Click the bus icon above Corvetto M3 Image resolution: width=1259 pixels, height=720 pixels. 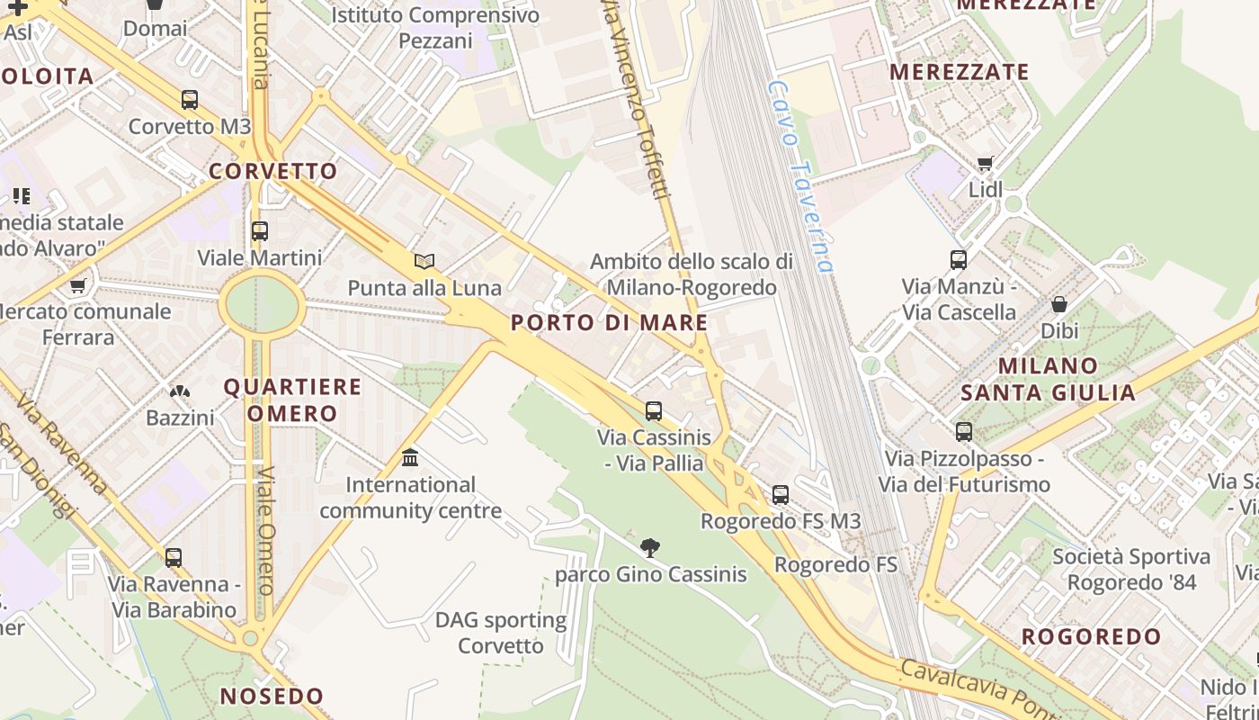click(189, 100)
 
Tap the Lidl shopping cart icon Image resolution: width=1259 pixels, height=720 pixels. click(986, 164)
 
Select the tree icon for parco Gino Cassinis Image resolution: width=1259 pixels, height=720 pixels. click(650, 547)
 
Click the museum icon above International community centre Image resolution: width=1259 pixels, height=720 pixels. click(410, 458)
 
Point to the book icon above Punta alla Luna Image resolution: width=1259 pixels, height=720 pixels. click(424, 262)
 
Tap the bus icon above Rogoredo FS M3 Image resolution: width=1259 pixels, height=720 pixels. click(781, 494)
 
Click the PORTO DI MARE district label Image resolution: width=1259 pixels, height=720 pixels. click(610, 323)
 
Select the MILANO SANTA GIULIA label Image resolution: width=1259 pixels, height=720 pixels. click(1048, 379)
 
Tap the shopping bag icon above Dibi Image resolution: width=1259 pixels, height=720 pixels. click(1059, 304)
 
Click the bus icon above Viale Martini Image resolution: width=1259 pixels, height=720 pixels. click(260, 231)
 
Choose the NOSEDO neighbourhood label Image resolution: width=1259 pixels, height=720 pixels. click(272, 696)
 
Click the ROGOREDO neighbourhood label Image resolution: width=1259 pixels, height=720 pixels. click(1092, 636)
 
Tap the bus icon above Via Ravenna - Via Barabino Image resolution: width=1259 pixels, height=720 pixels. click(174, 557)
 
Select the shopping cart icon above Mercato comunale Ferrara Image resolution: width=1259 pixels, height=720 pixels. click(78, 286)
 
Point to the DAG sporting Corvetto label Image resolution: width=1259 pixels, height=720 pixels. click(501, 633)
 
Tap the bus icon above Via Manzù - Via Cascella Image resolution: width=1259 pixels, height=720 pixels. click(959, 260)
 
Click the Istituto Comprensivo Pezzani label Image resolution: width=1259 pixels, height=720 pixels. click(435, 28)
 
